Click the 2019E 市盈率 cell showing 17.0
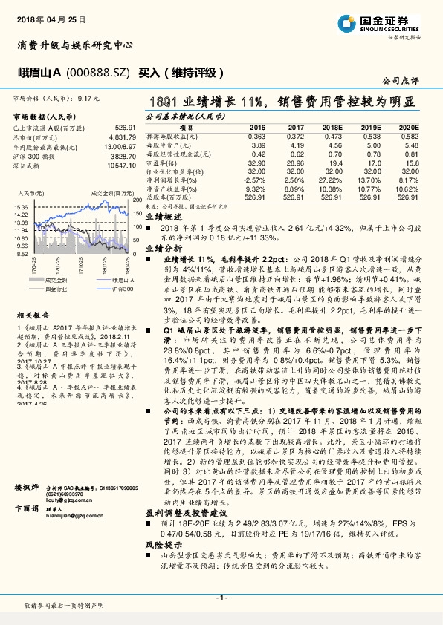click(372, 162)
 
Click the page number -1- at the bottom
click(221, 598)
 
